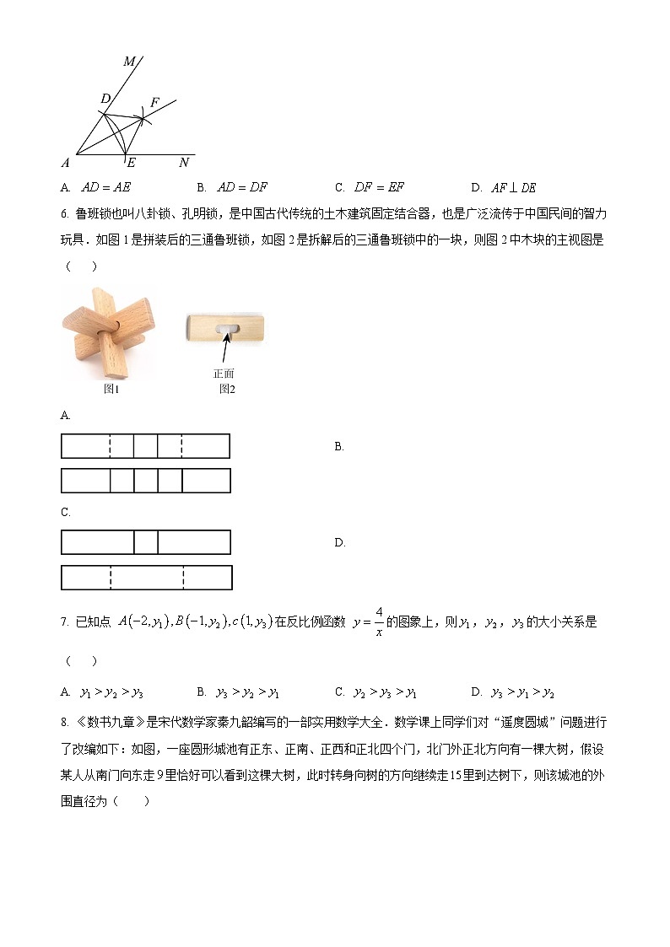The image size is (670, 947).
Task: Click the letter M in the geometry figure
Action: click(x=129, y=61)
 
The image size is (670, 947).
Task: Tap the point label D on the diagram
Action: click(x=105, y=99)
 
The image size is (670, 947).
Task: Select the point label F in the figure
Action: click(x=154, y=102)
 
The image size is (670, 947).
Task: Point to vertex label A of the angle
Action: click(x=65, y=162)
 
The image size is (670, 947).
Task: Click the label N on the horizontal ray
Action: click(x=184, y=162)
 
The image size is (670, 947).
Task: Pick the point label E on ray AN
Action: click(x=131, y=163)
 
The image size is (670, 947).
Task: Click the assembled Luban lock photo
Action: click(x=108, y=333)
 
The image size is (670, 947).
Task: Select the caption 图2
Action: click(x=226, y=389)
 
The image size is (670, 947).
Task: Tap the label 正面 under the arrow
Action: click(x=224, y=373)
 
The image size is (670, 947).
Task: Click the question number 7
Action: click(x=64, y=622)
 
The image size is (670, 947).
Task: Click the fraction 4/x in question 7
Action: click(x=379, y=621)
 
